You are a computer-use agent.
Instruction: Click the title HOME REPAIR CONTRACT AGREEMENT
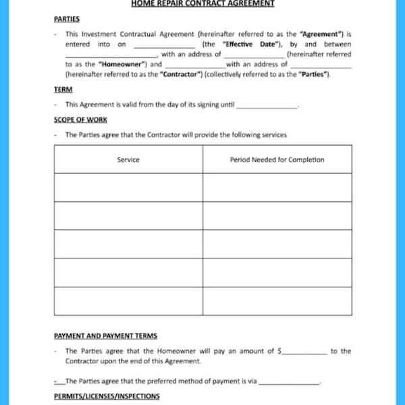tap(202, 3)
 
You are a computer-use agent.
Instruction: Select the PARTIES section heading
tap(66, 20)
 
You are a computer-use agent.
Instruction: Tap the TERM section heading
tap(63, 89)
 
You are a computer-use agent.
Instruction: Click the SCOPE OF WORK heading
tap(80, 119)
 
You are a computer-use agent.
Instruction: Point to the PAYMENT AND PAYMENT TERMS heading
tap(105, 335)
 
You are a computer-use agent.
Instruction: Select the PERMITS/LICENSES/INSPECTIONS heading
tap(107, 396)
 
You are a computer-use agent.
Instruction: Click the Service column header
tap(128, 160)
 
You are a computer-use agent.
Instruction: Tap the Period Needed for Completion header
tap(277, 160)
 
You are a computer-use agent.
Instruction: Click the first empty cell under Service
tap(128, 187)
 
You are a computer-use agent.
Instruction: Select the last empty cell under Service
tap(128, 301)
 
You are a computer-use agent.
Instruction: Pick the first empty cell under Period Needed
tap(277, 187)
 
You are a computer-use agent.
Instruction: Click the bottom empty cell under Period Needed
tap(277, 301)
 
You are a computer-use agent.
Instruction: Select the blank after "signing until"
tap(267, 106)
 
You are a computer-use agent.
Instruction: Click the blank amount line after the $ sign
tap(304, 352)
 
